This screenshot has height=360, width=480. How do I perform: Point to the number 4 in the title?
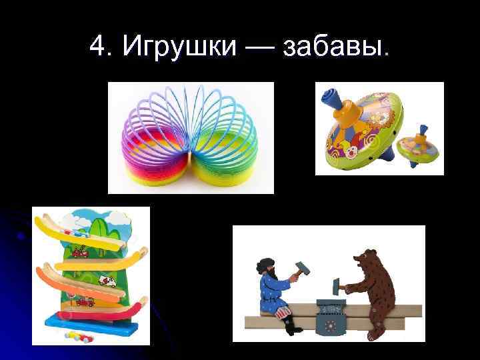[x=97, y=46]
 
